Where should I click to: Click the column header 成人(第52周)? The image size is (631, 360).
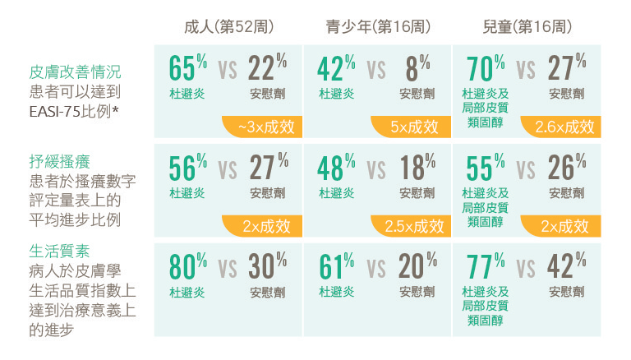tap(228, 28)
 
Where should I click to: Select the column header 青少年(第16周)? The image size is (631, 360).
tap(378, 28)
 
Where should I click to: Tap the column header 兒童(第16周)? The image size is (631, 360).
tap(527, 28)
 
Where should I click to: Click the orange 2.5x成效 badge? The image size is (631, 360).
tap(413, 226)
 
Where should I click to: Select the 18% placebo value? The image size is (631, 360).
tap(417, 167)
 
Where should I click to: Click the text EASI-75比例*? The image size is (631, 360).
tap(75, 109)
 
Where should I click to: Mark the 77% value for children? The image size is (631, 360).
tap(485, 267)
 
